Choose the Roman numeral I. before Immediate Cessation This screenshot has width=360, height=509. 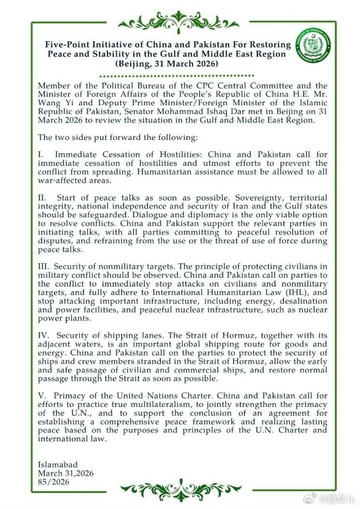click(x=42, y=154)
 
